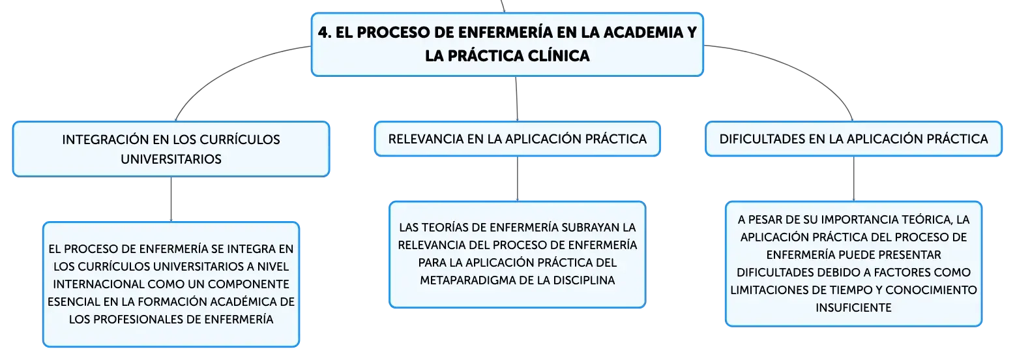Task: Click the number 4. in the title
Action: [x=325, y=32]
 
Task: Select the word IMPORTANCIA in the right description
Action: [x=859, y=220]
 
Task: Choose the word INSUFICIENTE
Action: [x=854, y=308]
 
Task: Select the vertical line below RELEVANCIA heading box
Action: [x=518, y=179]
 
